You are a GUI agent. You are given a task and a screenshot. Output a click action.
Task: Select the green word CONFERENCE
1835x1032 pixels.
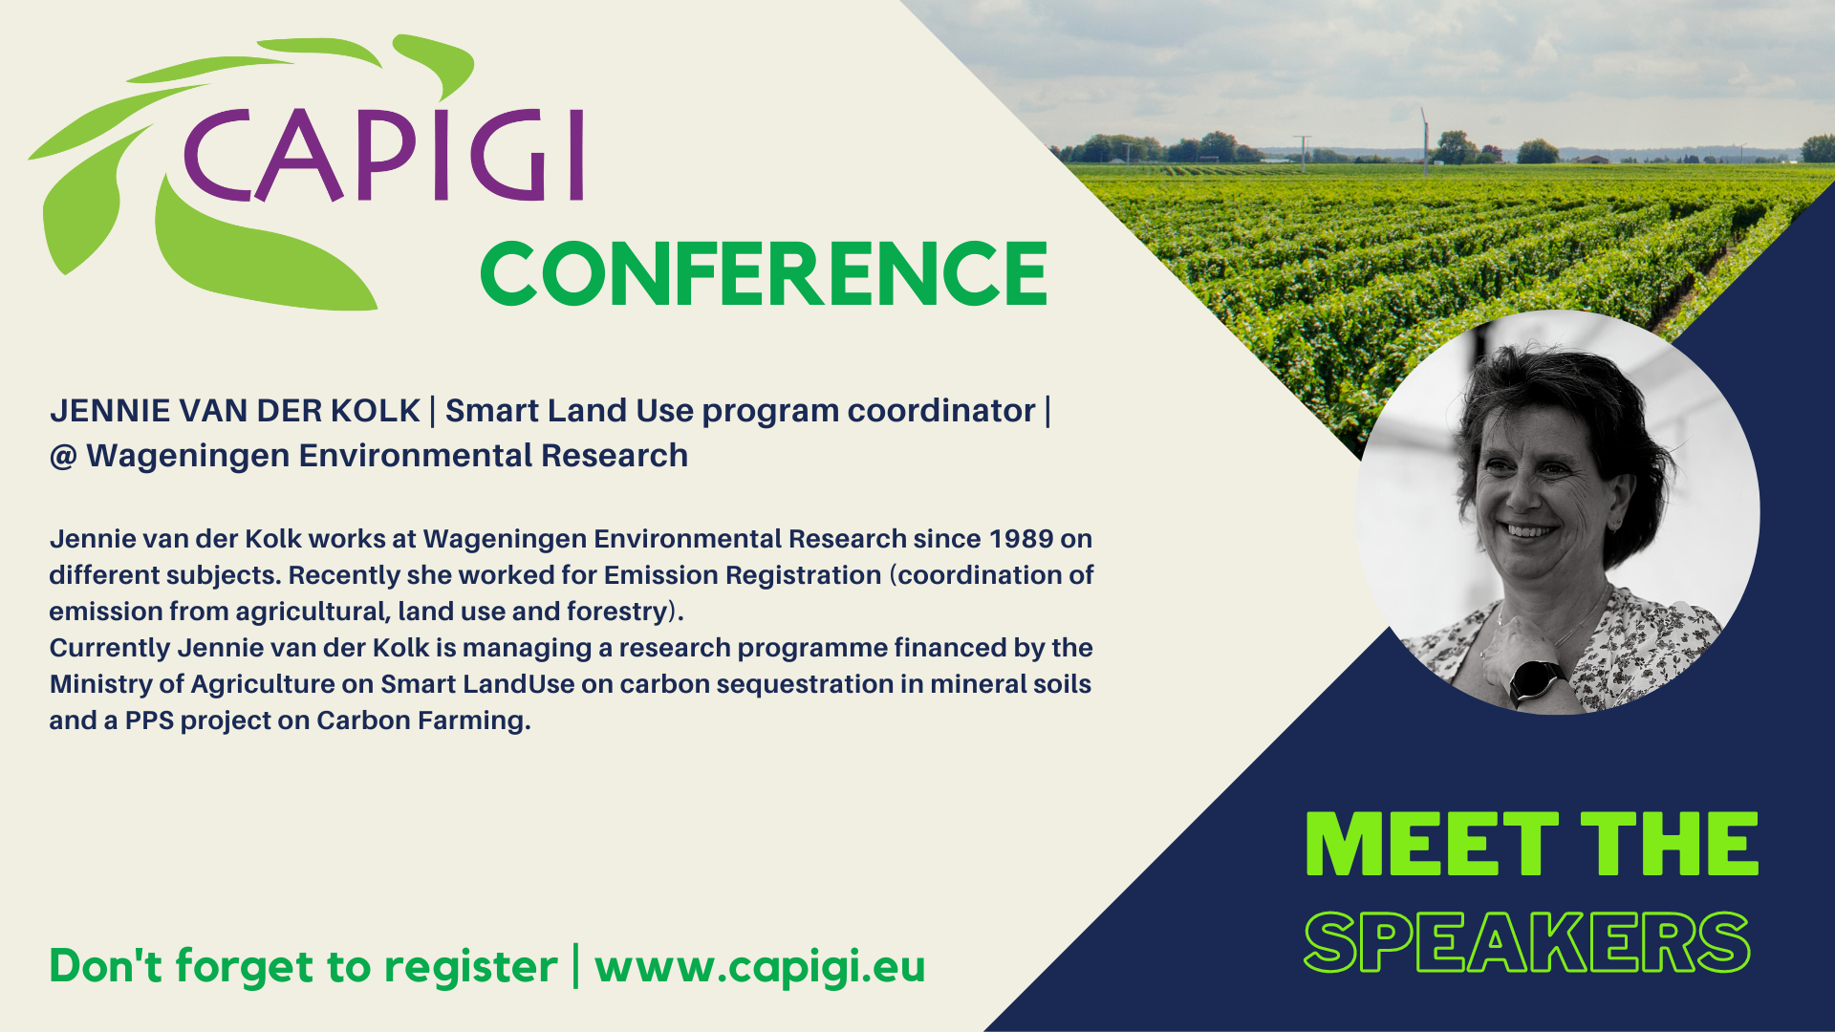click(x=765, y=273)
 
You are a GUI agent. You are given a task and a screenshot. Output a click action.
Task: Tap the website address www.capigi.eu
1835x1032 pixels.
click(x=760, y=966)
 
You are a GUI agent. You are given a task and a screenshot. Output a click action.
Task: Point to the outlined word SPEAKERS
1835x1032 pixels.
click(x=1527, y=942)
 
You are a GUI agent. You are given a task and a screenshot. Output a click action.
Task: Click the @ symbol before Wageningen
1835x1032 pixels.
click(x=63, y=457)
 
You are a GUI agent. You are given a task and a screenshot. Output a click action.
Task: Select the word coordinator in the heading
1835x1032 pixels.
click(x=941, y=411)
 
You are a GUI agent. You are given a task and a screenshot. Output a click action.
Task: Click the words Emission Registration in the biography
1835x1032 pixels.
click(x=743, y=575)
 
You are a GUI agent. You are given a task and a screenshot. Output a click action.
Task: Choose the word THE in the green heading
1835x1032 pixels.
click(x=1669, y=844)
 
